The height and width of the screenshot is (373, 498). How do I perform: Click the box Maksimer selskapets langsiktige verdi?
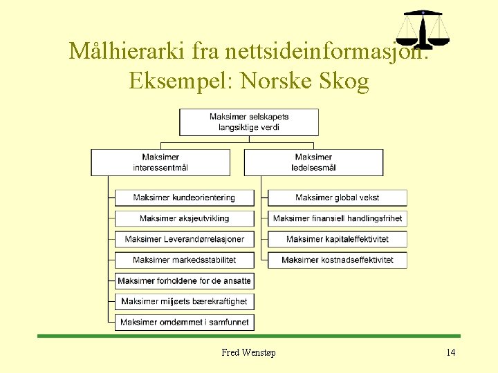(249, 122)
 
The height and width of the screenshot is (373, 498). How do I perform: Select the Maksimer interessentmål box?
(160, 162)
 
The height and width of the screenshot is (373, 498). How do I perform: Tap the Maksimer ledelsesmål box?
(313, 162)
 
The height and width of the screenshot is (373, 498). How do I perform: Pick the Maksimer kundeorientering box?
(184, 198)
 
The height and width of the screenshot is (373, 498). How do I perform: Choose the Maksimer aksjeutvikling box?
(184, 218)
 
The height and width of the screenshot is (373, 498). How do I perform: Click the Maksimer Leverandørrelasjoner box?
(184, 239)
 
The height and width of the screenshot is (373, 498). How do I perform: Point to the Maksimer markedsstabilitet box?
(184, 260)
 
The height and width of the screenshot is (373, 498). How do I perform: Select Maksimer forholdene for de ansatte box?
(184, 281)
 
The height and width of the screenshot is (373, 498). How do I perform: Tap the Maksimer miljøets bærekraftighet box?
(184, 301)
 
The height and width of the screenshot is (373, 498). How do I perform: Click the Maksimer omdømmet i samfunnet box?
(184, 322)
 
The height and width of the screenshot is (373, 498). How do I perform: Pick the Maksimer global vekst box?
(338, 198)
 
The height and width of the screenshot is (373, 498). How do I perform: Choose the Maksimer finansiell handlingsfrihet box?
(338, 218)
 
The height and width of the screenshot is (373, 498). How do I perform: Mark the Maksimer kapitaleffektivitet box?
(338, 239)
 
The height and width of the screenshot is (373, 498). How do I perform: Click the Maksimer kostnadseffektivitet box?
(338, 260)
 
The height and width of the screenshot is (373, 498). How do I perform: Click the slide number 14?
(451, 353)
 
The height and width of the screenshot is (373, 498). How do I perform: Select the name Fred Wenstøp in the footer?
(248, 353)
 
